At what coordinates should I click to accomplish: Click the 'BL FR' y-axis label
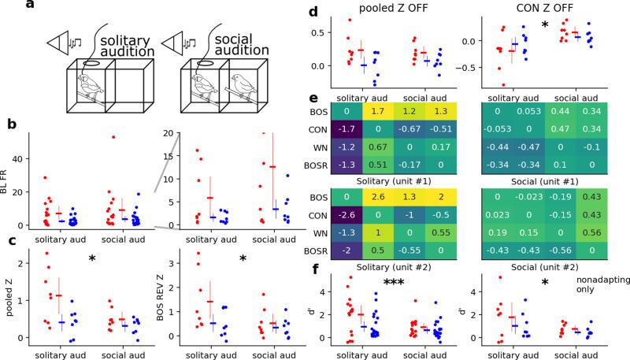coord(7,182)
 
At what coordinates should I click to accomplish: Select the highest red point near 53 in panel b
coord(113,137)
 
